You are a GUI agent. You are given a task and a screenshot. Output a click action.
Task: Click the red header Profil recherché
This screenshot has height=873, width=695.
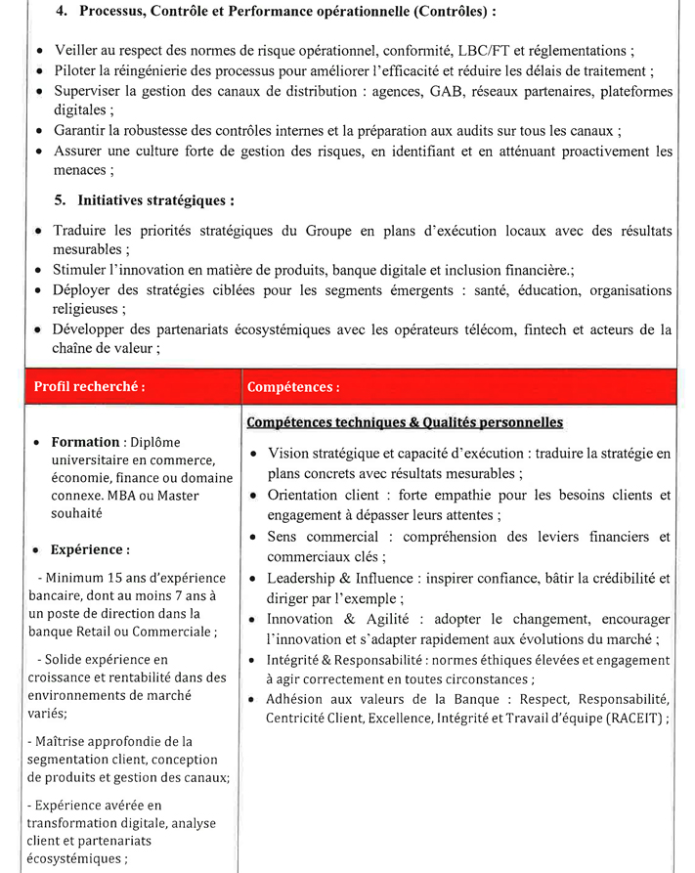90,386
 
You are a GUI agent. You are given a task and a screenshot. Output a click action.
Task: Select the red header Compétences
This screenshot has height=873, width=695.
293,387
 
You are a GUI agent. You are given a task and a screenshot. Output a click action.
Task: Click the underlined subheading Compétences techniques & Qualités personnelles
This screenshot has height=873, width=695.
405,422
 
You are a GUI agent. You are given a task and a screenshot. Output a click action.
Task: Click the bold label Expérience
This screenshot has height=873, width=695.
90,549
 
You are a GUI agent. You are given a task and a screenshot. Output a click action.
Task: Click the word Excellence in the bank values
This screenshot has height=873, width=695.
411,718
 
